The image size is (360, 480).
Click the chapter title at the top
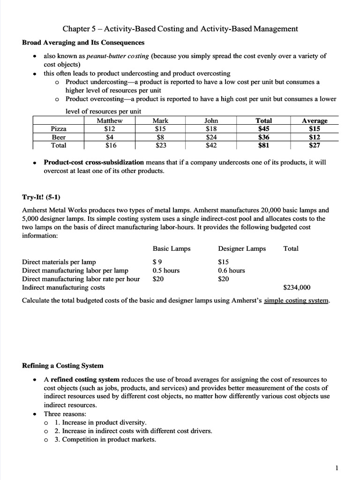[180, 29]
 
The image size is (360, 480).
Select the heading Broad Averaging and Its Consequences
[83, 43]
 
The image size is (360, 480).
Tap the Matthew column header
[109, 121]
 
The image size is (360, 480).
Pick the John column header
[211, 121]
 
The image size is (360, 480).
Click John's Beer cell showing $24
[211, 137]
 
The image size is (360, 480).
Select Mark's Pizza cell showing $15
[160, 129]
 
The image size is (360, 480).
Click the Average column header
[315, 121]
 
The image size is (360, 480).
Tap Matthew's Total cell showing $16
[109, 145]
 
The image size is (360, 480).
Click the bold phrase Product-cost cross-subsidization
[94, 162]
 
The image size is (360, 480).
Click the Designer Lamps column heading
[242, 248]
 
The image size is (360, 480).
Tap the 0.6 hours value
[232, 270]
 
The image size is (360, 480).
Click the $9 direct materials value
[157, 262]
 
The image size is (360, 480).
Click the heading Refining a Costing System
[63, 365]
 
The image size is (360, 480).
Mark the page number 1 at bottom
[337, 467]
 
